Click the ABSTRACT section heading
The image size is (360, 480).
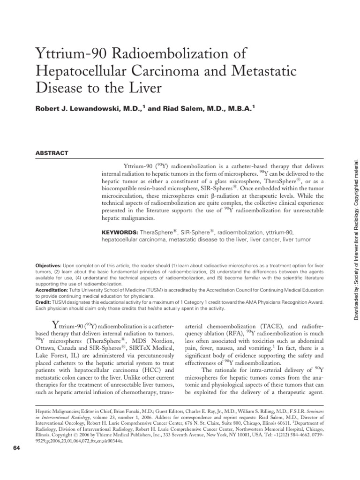coord(52,153)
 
